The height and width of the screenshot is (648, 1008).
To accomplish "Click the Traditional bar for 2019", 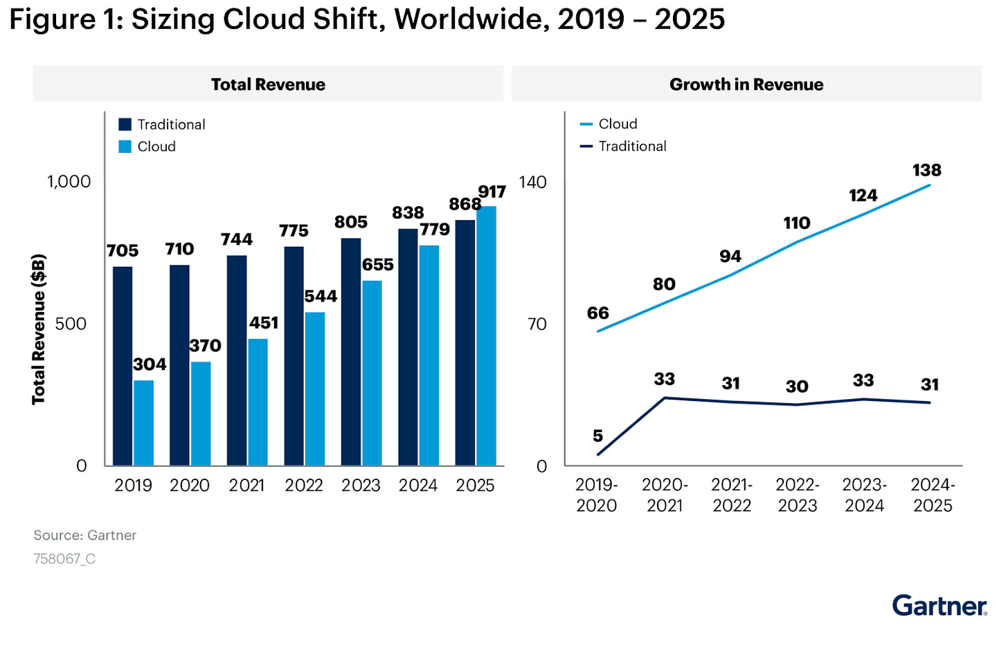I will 123,366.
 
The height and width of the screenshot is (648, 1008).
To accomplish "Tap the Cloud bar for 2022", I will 315,389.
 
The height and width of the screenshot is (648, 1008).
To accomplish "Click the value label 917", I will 492,192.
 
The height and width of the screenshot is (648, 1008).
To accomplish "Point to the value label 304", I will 150,364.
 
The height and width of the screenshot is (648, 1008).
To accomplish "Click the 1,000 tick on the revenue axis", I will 69,182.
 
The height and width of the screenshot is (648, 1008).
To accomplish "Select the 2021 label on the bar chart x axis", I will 246,485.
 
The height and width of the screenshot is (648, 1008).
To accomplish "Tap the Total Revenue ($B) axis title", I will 39,329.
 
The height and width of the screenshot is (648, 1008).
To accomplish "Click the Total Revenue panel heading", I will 268,84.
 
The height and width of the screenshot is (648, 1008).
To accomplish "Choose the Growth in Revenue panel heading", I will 746,84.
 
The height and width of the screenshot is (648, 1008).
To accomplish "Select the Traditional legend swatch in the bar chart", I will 125,124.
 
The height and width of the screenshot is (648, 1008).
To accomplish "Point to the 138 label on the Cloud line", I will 926,170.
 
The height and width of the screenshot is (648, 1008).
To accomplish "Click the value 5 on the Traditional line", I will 597,436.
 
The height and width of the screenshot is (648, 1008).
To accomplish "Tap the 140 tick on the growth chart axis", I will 532,182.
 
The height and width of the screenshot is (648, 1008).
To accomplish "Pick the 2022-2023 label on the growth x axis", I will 798,495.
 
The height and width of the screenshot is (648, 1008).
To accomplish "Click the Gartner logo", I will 939,606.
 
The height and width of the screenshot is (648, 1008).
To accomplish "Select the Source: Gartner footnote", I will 85,535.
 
